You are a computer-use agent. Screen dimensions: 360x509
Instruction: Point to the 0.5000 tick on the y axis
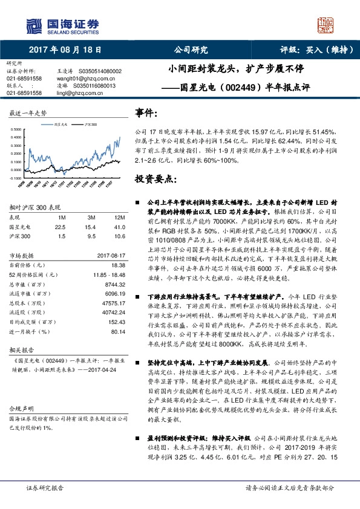pos(18,129)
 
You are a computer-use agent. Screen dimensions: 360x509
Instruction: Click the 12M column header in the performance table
pos(119,218)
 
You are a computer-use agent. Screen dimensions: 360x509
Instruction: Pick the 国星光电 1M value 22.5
pos(59,227)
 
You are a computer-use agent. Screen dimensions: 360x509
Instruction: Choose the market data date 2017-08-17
pos(110,256)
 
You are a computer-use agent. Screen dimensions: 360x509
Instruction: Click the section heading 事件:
pos(148,113)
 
